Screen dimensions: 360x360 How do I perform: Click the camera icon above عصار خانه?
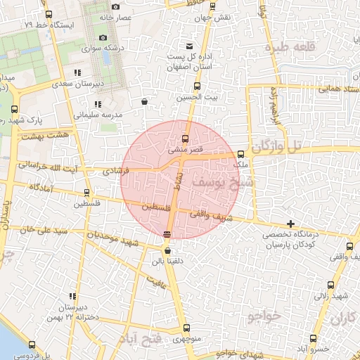115,6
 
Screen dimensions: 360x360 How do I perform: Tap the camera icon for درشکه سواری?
103,37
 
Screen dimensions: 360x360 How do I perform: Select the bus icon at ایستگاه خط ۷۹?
49,14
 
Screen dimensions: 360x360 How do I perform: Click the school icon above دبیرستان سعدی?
78,72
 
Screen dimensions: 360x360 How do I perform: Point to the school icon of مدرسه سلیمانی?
96,104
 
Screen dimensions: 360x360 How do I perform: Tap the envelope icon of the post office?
189,46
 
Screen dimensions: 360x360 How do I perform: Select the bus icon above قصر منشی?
186,139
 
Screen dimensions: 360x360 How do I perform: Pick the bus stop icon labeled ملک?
241,153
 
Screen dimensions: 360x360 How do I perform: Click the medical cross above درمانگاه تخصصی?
290,224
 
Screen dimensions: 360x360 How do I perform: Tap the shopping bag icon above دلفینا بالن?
167,250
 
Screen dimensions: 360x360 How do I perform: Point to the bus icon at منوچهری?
186,328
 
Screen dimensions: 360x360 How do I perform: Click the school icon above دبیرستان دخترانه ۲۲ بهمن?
72,296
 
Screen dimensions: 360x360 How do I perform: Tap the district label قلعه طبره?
288,47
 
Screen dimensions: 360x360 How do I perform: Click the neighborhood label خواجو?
264,316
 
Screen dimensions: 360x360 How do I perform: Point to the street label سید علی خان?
43,230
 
